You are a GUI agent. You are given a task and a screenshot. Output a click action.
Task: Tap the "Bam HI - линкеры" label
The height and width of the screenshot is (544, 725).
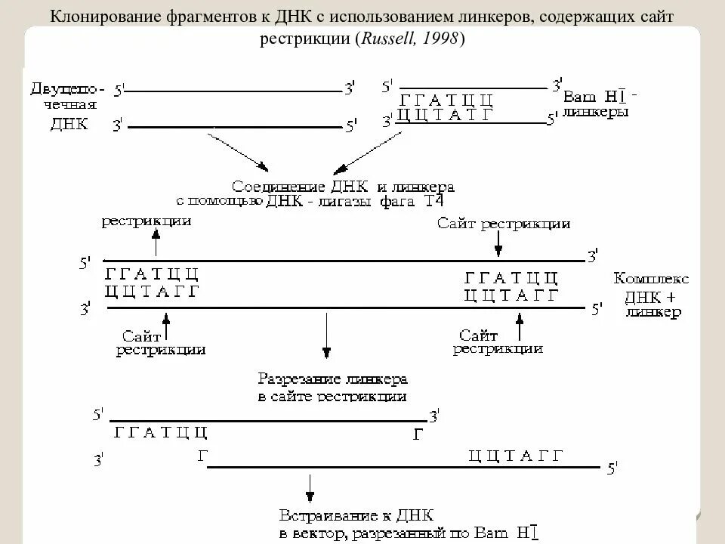click(599, 104)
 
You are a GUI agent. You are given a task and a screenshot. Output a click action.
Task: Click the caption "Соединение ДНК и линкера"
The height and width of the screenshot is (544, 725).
click(343, 186)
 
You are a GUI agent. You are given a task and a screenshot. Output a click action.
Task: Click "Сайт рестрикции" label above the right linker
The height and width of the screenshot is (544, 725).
click(504, 224)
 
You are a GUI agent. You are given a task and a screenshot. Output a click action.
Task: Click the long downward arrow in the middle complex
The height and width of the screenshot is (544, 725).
click(326, 332)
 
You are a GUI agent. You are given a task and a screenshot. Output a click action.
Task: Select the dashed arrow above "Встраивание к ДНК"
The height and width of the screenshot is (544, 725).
click(310, 487)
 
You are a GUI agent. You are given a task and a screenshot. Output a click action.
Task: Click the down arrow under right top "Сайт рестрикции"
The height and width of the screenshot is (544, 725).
click(498, 243)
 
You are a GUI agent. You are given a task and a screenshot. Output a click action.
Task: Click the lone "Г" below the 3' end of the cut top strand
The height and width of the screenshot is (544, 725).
click(418, 434)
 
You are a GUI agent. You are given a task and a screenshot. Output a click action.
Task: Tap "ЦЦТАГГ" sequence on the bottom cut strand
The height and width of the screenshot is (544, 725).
click(516, 455)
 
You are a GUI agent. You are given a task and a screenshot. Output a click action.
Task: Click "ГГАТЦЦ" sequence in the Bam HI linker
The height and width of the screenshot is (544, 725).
click(446, 99)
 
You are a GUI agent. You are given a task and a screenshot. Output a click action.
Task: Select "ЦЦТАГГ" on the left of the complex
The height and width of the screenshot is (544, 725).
click(153, 292)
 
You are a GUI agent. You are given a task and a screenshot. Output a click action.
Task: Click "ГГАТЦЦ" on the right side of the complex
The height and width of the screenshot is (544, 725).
click(511, 277)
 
